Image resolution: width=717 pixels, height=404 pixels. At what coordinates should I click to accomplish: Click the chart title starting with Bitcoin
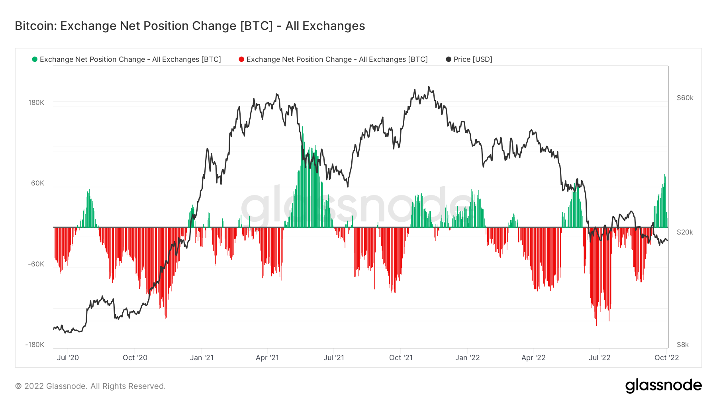pyautogui.click(x=190, y=26)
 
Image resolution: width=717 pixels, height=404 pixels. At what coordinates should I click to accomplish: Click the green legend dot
pyautogui.click(x=35, y=59)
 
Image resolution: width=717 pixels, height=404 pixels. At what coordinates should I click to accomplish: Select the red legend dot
pyautogui.click(x=241, y=59)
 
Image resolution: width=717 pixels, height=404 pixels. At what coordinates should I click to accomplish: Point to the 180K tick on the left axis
pyautogui.click(x=36, y=102)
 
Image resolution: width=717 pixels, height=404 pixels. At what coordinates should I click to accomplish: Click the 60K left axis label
pyautogui.click(x=38, y=183)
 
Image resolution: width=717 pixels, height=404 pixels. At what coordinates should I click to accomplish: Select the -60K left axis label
pyautogui.click(x=36, y=264)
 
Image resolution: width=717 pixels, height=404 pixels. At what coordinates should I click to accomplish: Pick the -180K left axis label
pyautogui.click(x=35, y=345)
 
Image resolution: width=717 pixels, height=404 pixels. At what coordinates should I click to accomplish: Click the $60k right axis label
pyautogui.click(x=685, y=98)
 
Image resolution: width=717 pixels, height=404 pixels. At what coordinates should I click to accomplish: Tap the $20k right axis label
pyautogui.click(x=685, y=232)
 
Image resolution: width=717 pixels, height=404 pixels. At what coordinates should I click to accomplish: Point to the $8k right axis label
pyautogui.click(x=683, y=345)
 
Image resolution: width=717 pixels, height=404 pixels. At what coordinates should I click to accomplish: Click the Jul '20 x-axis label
pyautogui.click(x=68, y=358)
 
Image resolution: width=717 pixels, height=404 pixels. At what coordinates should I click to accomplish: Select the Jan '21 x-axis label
pyautogui.click(x=202, y=358)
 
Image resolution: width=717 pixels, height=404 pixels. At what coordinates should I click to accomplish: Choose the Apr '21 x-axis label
pyautogui.click(x=267, y=358)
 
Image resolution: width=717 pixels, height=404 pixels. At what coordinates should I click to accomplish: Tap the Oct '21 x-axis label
pyautogui.click(x=401, y=358)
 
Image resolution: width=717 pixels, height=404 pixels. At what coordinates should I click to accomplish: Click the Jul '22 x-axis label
pyautogui.click(x=599, y=358)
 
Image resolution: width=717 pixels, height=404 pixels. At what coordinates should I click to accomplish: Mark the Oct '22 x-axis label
pyautogui.click(x=666, y=358)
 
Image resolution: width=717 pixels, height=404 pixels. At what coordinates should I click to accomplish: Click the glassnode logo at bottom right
pyautogui.click(x=663, y=386)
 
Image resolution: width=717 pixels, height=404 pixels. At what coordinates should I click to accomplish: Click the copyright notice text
pyautogui.click(x=90, y=386)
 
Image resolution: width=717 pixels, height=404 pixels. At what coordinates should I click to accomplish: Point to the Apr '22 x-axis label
pyautogui.click(x=533, y=358)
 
